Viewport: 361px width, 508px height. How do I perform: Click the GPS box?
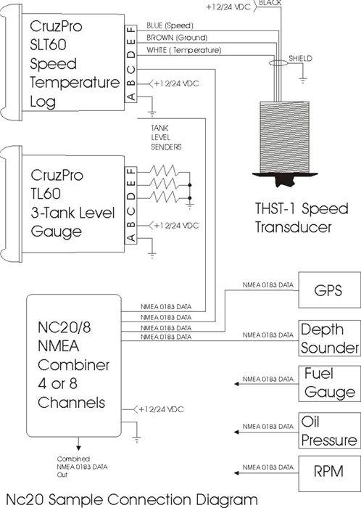coord(329,290)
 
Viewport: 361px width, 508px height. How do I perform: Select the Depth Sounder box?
coord(329,338)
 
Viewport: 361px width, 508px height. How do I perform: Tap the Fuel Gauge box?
coord(329,384)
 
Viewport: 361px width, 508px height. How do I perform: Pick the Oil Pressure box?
coord(329,430)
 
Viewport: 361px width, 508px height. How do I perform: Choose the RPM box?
coord(329,473)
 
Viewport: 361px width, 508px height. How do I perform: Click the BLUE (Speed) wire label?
coord(170,25)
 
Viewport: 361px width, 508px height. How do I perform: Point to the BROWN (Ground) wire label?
coord(177,38)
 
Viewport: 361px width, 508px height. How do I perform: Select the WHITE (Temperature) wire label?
coord(183,50)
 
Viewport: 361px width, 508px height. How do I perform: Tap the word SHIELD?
coord(301,59)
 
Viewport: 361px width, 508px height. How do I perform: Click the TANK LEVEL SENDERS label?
coord(166,137)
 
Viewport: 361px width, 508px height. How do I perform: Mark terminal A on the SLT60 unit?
coord(131,97)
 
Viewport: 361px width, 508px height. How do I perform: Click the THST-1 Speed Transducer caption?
coord(302,218)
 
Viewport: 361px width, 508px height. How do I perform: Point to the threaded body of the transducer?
coord(285,137)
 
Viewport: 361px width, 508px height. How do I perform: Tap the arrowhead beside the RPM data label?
coord(236,473)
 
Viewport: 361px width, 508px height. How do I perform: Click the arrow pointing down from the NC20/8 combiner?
coord(78,443)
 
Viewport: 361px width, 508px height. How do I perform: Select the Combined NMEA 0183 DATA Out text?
coord(82,467)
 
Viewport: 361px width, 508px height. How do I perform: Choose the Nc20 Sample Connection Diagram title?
coord(132,499)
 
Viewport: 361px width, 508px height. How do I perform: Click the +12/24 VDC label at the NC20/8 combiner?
coord(161,409)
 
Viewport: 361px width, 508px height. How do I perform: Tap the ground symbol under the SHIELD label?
coord(303,81)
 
